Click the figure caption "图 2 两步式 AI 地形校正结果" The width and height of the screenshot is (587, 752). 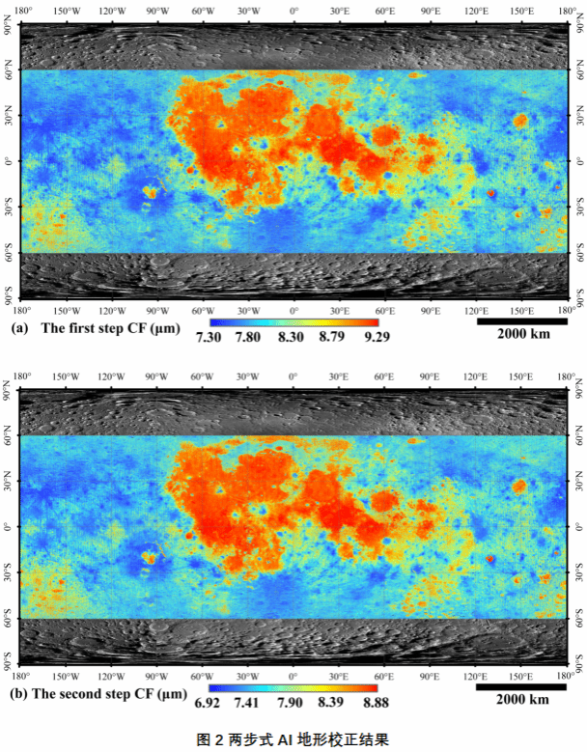pyautogui.click(x=293, y=739)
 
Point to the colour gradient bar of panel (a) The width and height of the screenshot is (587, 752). pyautogui.click(x=293, y=321)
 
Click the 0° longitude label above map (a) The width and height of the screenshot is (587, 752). pyautogui.click(x=293, y=12)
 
